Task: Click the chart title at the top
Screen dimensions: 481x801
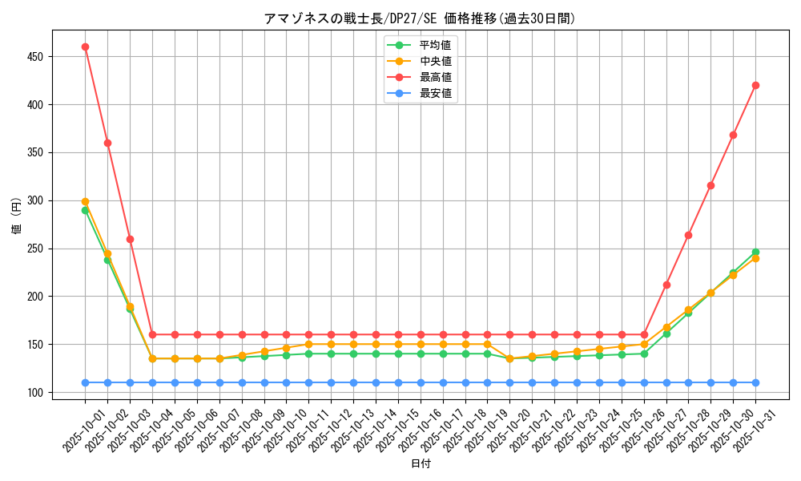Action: [420, 18]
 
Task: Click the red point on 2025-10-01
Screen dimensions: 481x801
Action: [85, 46]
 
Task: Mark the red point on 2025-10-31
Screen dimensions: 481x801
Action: [755, 85]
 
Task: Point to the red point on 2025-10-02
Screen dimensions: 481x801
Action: [107, 143]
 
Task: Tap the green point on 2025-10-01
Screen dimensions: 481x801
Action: [85, 210]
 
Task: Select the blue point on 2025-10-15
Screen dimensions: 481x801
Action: [398, 382]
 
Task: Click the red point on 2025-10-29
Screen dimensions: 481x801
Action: [710, 185]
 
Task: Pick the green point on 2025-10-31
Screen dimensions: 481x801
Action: [755, 252]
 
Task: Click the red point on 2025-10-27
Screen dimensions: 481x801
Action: [666, 285]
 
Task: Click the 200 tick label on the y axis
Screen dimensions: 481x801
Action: [38, 297]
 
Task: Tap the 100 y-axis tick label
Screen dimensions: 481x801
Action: [38, 393]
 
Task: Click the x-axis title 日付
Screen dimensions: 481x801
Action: [421, 464]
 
